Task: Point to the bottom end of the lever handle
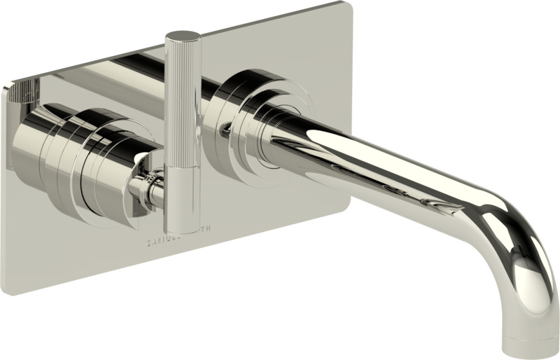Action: point(183,229)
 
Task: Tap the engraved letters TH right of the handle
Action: point(211,229)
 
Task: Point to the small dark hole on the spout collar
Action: point(225,127)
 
